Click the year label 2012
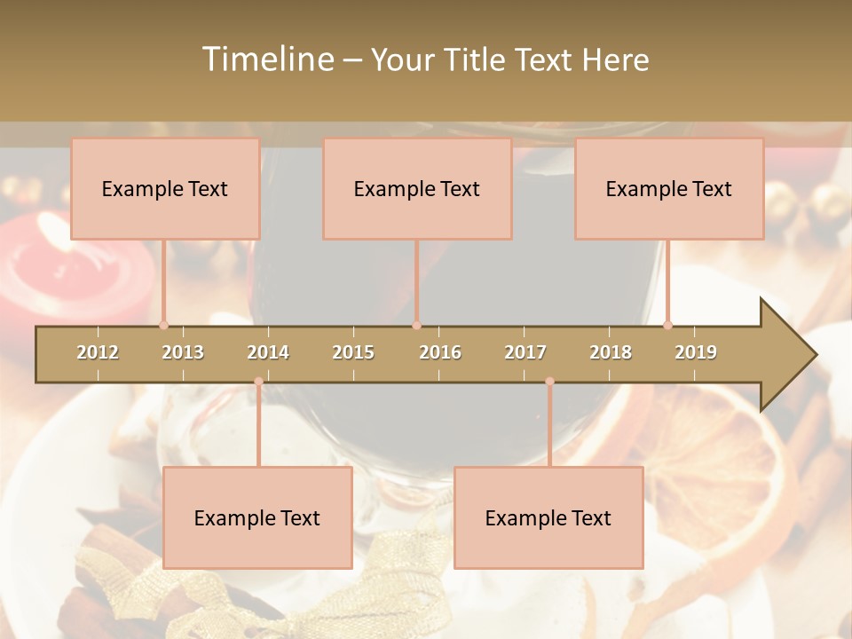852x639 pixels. coord(98,352)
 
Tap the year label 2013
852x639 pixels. coord(183,352)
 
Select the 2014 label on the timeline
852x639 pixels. coord(268,352)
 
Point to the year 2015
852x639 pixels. coord(353,352)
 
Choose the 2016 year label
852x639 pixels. coord(440,352)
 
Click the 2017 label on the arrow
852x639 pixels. coord(525,352)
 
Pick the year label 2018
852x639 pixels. coord(611,352)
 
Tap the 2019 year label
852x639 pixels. coord(696,352)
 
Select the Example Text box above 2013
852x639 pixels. coord(165,189)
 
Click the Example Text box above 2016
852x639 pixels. coord(417,189)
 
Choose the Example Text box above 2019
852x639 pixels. coord(669,189)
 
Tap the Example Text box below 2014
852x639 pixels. coord(257,518)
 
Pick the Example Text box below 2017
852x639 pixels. coord(548,518)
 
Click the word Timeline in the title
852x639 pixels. coord(266,59)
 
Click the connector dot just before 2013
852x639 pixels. coord(163,325)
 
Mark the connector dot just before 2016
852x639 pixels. coord(416,325)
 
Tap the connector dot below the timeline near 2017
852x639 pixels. coord(549,382)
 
